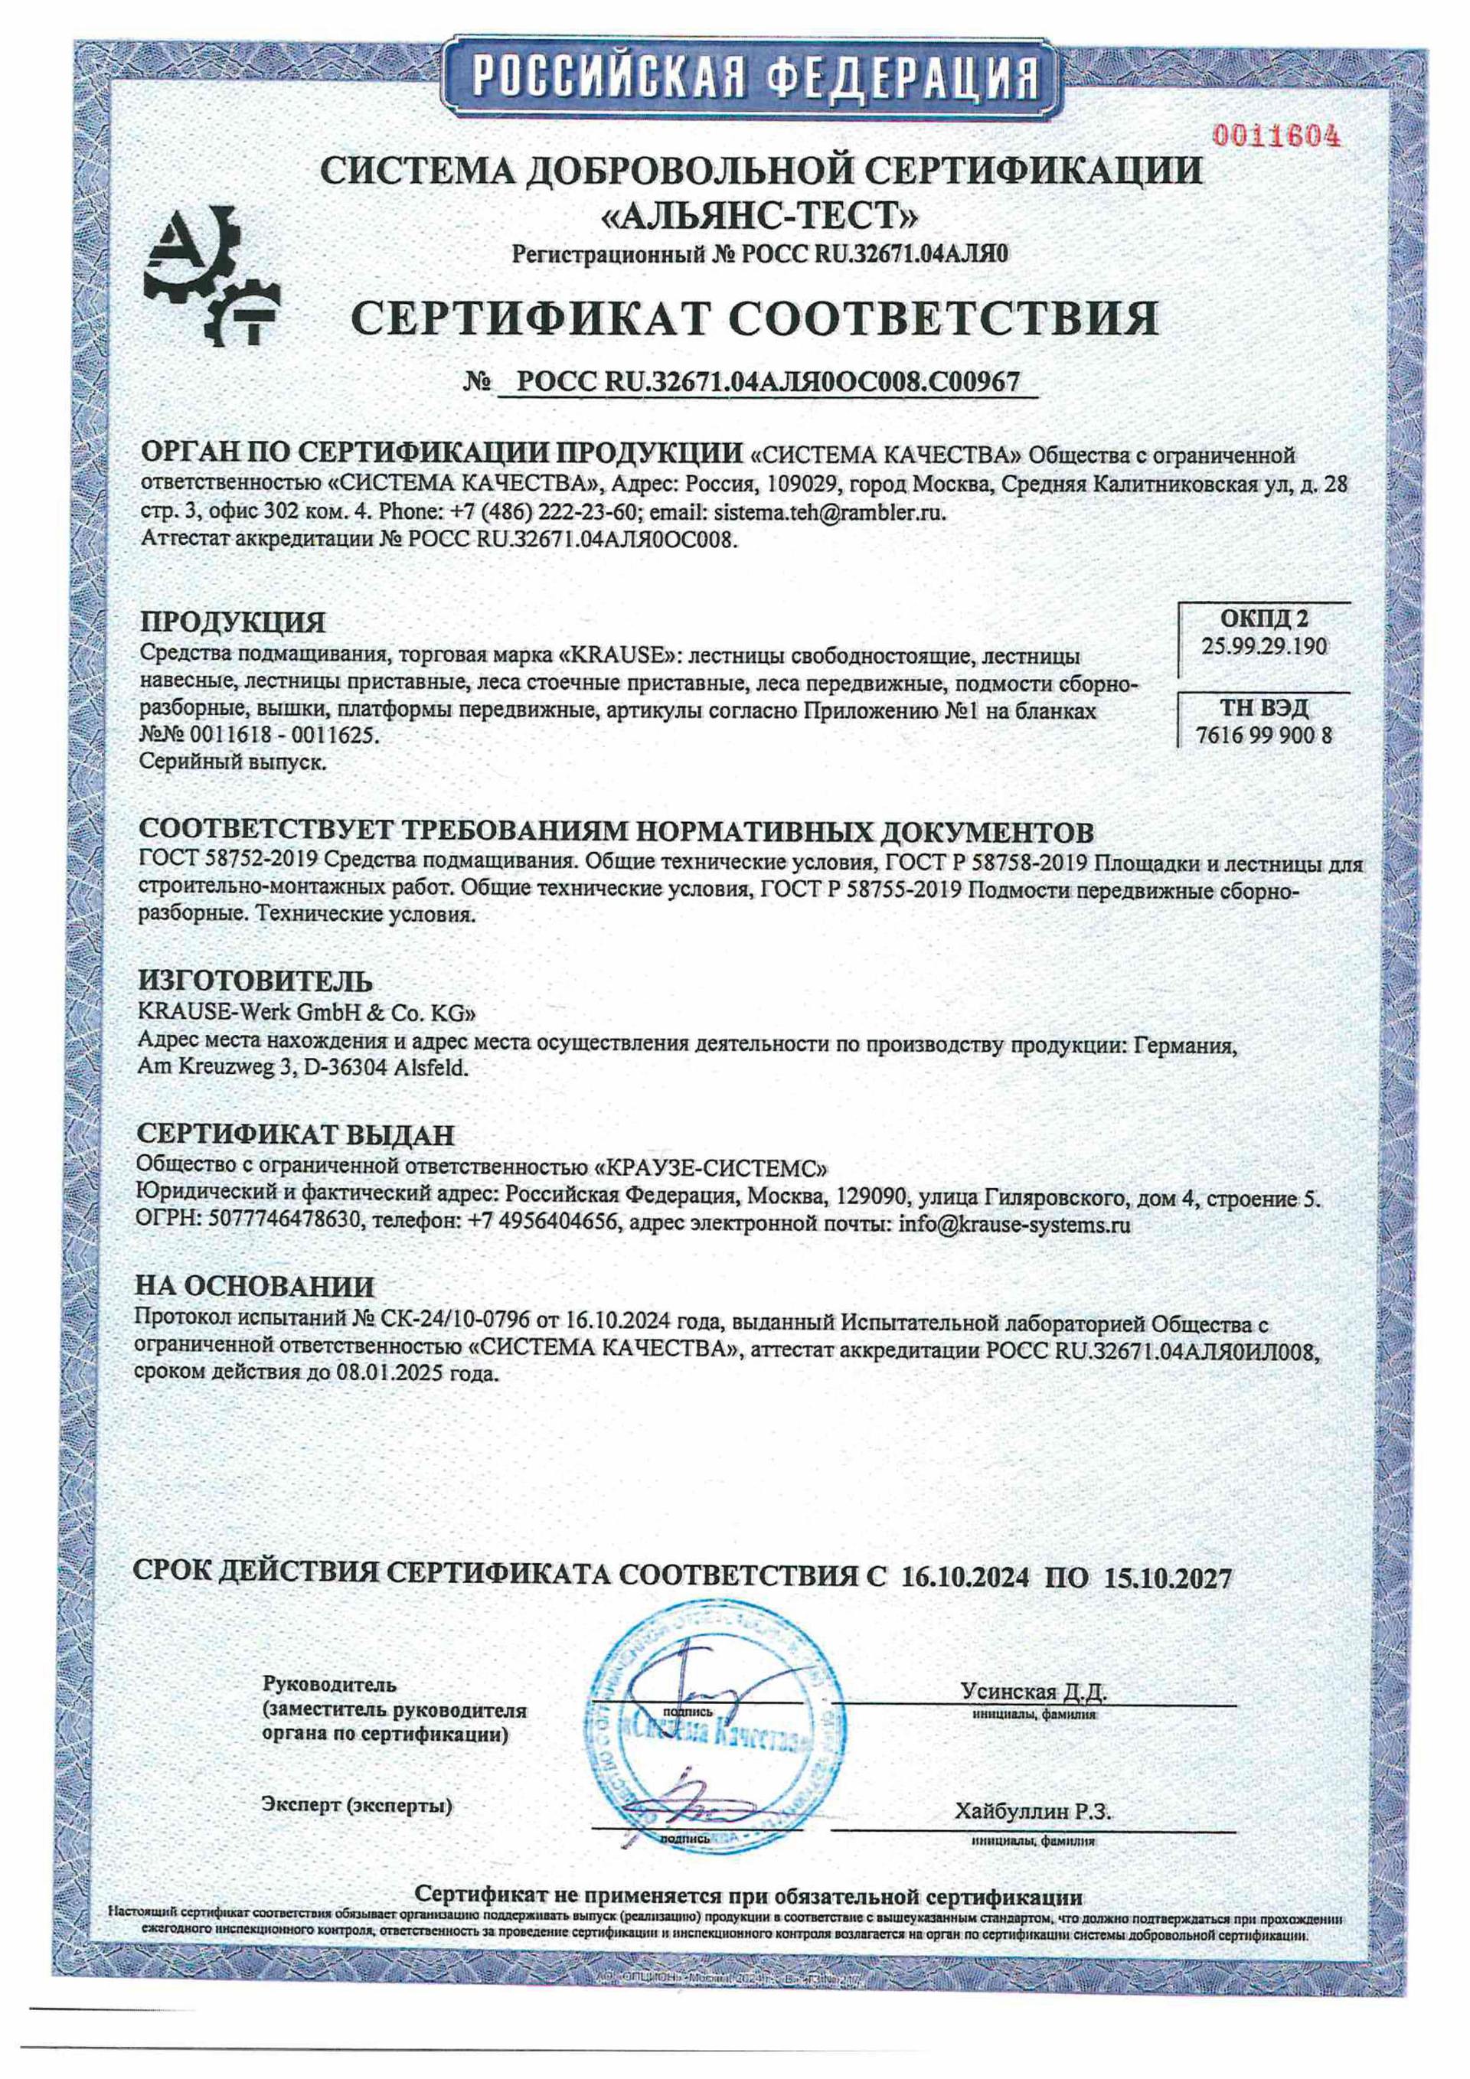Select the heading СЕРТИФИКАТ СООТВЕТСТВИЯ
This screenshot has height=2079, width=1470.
pos(753,318)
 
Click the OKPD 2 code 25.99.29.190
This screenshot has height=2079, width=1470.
pos(1264,647)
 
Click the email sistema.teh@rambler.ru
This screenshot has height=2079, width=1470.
pos(830,513)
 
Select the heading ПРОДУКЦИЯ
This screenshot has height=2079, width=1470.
pos(232,622)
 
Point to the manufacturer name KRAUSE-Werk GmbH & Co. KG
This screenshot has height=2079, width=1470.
pos(304,1011)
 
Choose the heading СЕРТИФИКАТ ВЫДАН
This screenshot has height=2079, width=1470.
pos(296,1134)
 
